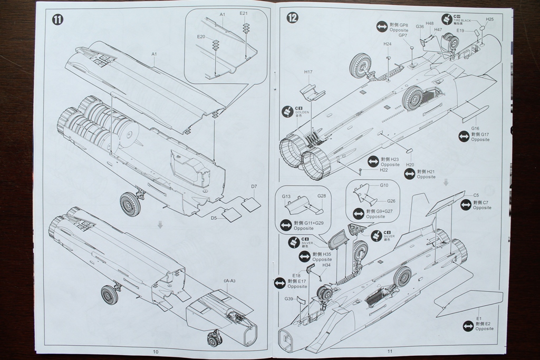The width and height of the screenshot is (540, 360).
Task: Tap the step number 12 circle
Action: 292,17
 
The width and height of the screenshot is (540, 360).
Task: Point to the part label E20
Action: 201,36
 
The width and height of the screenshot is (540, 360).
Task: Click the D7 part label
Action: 254,186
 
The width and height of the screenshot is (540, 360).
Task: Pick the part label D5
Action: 214,218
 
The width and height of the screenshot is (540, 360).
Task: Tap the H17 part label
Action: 308,72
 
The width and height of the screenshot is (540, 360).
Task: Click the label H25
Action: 489,20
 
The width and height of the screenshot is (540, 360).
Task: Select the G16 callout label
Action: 475,128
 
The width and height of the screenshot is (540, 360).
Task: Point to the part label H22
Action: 383,170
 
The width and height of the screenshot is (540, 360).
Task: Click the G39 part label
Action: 289,299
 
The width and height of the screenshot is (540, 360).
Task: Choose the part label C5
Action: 476,195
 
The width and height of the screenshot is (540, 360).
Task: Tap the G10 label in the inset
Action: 384,185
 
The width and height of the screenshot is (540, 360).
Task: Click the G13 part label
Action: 286,197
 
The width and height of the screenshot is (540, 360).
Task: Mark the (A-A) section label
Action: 229,281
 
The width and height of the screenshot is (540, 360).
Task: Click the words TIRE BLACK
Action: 462,20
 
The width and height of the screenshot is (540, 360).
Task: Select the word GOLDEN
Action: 303,112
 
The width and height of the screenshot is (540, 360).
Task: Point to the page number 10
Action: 156,352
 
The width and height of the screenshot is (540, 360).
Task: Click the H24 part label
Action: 388,44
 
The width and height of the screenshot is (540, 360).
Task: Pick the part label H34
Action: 326,265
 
